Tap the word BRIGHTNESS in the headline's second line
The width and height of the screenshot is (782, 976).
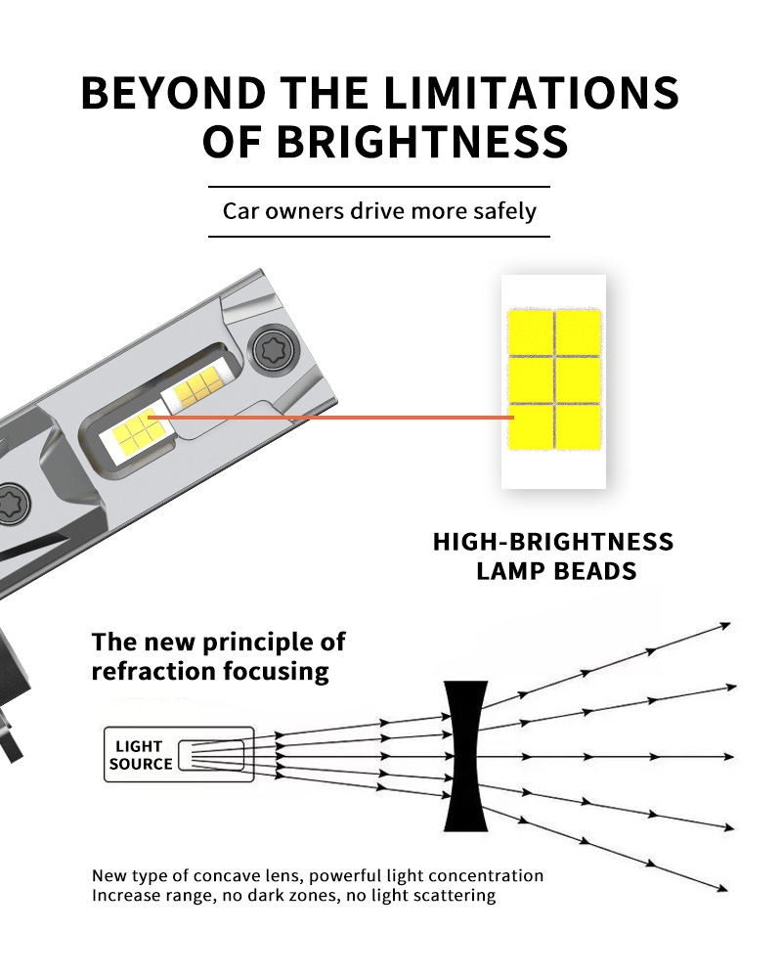[x=421, y=141]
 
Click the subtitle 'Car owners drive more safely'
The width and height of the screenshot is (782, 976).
[x=379, y=210]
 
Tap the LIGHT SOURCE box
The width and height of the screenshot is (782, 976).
[x=179, y=755]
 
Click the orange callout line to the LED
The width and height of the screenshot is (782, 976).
[x=332, y=418]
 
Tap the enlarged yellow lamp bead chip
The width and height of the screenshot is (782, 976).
[x=553, y=379]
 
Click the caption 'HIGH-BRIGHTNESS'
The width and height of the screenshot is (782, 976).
[x=553, y=542]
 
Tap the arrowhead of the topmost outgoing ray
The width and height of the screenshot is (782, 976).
[x=725, y=623]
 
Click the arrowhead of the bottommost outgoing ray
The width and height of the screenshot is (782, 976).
[x=723, y=888]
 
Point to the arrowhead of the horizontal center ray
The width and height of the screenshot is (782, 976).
[x=728, y=757]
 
